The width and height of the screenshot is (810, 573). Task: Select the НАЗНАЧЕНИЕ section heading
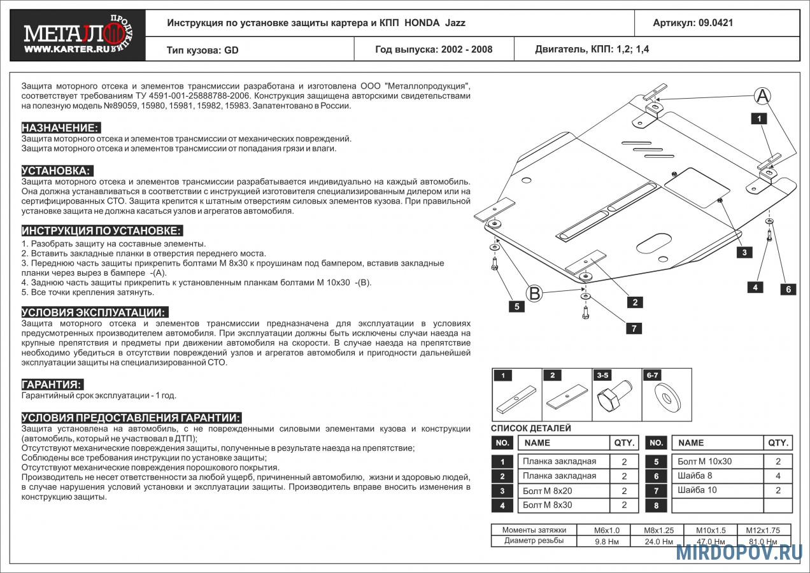point(60,127)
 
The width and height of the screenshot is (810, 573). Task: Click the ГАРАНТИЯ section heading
point(52,385)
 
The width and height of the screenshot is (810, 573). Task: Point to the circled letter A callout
point(762,96)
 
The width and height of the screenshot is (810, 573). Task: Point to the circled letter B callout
point(535,294)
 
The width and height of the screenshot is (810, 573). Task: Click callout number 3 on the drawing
point(744,252)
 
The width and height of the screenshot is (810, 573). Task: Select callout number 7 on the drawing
point(634,329)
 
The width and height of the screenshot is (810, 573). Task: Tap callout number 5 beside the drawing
point(516,306)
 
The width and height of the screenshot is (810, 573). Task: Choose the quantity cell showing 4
point(778,476)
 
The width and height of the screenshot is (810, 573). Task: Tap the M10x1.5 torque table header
point(710,530)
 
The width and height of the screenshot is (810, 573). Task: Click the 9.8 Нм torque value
point(603,541)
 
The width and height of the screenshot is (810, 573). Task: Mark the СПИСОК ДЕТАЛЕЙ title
point(531,428)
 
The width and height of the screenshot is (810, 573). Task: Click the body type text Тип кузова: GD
point(202,50)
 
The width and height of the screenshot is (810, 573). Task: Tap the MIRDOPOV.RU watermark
point(739,552)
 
